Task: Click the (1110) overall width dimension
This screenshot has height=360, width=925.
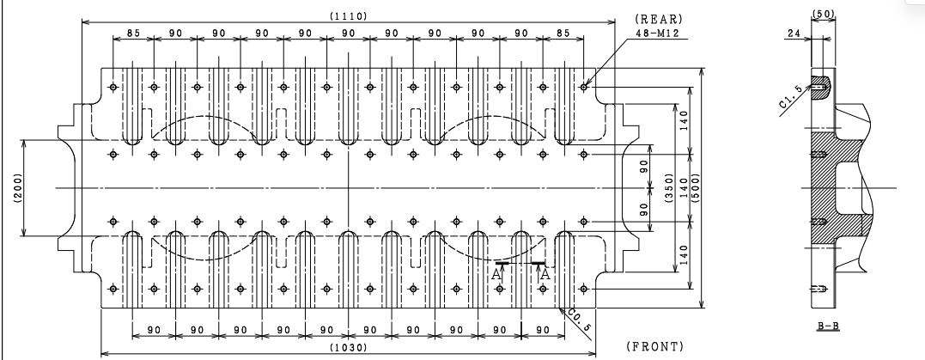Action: [x=349, y=16]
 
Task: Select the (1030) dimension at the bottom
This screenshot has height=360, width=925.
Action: [x=349, y=348]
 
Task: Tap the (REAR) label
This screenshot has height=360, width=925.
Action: [x=659, y=20]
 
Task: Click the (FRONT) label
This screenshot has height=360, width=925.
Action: [x=655, y=346]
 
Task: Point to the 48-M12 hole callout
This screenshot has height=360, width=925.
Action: [x=657, y=34]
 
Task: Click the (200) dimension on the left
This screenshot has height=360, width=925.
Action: [x=17, y=187]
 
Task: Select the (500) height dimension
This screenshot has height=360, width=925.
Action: [x=695, y=187]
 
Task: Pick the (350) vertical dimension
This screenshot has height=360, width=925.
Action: [x=669, y=187]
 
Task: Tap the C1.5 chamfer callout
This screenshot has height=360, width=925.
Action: [x=790, y=97]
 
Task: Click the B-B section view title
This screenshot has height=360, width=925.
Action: [x=828, y=326]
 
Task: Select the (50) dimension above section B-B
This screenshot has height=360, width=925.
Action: [x=824, y=13]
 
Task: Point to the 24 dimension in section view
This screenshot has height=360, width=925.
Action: [x=794, y=34]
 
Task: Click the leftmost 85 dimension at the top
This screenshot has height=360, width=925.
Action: [x=133, y=34]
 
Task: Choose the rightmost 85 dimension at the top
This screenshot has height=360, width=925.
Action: [x=563, y=34]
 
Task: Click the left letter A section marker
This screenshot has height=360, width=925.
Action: [x=496, y=274]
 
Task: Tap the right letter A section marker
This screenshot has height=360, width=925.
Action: [x=545, y=274]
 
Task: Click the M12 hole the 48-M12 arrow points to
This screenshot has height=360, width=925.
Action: [x=584, y=88]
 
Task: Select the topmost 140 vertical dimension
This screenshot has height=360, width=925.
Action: [x=685, y=120]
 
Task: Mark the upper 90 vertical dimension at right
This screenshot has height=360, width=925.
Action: [x=644, y=166]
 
